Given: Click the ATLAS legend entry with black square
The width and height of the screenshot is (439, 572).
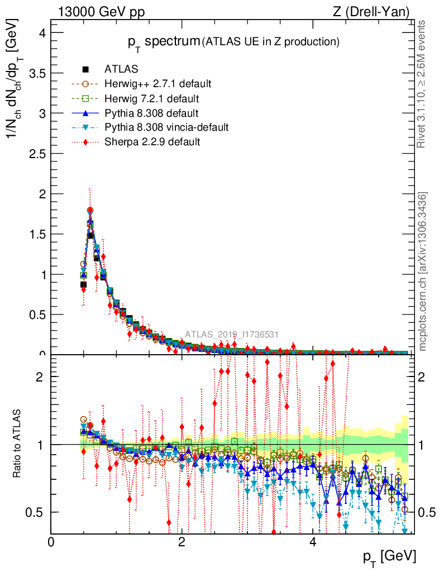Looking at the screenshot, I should click(x=121, y=69).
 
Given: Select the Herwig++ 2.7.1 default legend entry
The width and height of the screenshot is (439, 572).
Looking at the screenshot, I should click(x=158, y=84).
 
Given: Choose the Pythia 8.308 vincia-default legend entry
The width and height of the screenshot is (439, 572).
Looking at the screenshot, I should click(x=166, y=127).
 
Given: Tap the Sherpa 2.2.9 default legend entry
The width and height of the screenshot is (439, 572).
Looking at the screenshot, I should click(x=152, y=142).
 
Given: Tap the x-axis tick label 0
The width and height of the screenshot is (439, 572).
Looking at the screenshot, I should click(x=51, y=542).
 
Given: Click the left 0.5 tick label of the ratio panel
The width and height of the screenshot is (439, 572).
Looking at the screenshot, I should click(x=36, y=512).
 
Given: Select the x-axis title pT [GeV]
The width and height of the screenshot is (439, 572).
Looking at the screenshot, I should click(x=389, y=556).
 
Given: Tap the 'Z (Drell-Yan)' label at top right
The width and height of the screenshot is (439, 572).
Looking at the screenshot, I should click(x=375, y=11).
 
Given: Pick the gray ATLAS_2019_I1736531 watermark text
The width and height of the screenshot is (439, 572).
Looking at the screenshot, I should click(x=232, y=334).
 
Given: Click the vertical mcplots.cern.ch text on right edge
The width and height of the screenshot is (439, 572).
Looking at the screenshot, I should click(x=423, y=271).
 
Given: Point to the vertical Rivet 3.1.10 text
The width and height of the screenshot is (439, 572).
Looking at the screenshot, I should click(x=423, y=84).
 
